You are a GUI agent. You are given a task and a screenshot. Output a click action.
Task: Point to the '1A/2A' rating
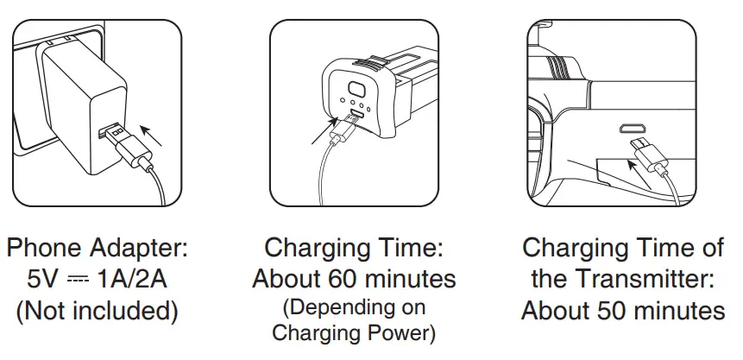pos(135,279)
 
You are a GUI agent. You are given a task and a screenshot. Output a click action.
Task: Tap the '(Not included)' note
pos(97,310)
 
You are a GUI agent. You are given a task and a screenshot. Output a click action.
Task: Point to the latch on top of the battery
pos(373,62)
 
